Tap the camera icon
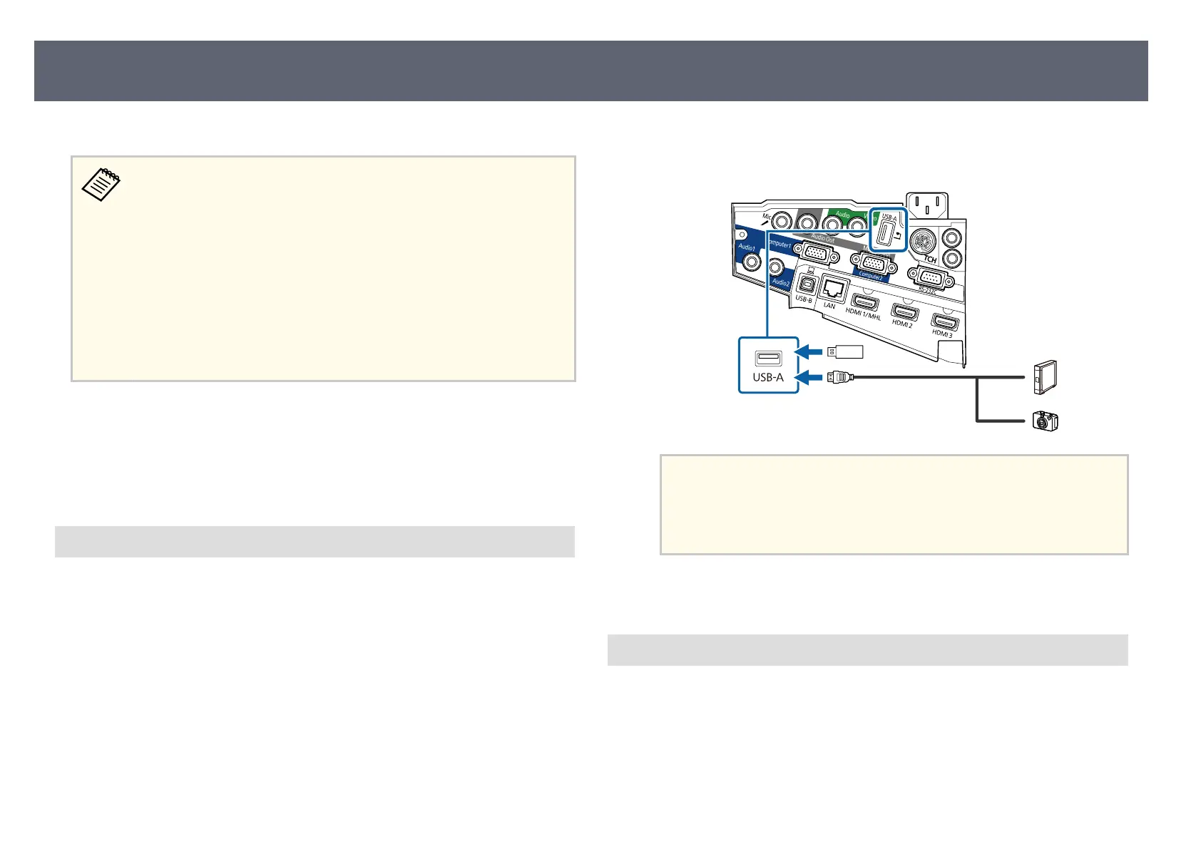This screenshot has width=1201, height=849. click(x=1046, y=422)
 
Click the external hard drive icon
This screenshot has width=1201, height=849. click(x=1045, y=377)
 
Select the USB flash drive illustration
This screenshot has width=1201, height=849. click(x=844, y=351)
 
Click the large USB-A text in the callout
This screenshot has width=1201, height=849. click(x=768, y=377)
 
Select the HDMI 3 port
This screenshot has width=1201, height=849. click(x=945, y=322)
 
